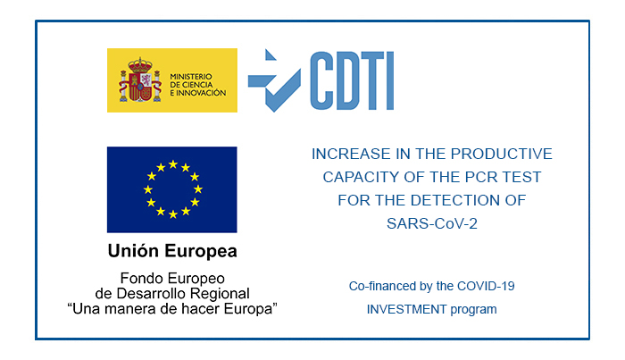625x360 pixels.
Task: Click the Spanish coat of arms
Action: [x=140, y=80]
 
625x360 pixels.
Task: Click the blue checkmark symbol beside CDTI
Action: [x=274, y=80]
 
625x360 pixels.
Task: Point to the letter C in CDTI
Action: [x=321, y=80]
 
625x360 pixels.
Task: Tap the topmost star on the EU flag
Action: [x=173, y=164]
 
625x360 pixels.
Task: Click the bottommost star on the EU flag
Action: [x=173, y=214]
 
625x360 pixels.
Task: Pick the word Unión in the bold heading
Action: [x=134, y=251]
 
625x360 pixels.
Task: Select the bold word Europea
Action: [x=201, y=252]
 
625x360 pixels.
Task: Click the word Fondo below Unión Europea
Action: [x=141, y=278]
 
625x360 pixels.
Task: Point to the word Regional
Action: [x=220, y=294]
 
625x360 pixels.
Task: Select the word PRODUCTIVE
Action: [x=502, y=154]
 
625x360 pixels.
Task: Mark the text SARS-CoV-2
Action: [x=432, y=223]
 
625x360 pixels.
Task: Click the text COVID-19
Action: [x=486, y=286]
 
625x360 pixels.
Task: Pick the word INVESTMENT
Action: [x=406, y=309]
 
